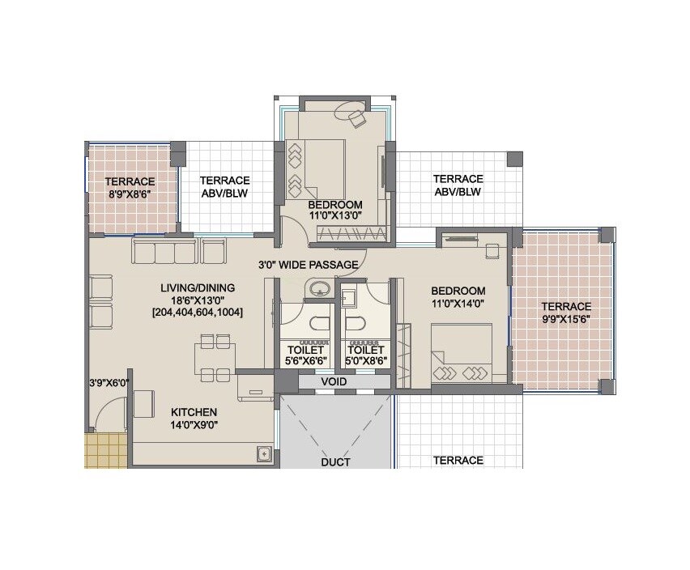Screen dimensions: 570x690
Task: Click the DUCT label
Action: pyautogui.click(x=334, y=462)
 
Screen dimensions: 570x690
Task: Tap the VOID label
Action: pyautogui.click(x=334, y=381)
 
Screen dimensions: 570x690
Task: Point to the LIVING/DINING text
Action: pyautogui.click(x=198, y=287)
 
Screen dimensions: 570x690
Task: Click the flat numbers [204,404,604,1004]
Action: pyautogui.click(x=198, y=312)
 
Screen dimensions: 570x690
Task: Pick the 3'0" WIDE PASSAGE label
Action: pyautogui.click(x=308, y=265)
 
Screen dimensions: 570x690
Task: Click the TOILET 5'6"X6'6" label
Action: pyautogui.click(x=306, y=356)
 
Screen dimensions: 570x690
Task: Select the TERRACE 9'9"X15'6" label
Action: pyautogui.click(x=566, y=313)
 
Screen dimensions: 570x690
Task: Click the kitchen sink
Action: pyautogui.click(x=263, y=454)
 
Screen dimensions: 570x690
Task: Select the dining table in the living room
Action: pyautogui.click(x=215, y=357)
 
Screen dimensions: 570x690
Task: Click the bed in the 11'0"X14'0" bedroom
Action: pyautogui.click(x=461, y=354)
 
